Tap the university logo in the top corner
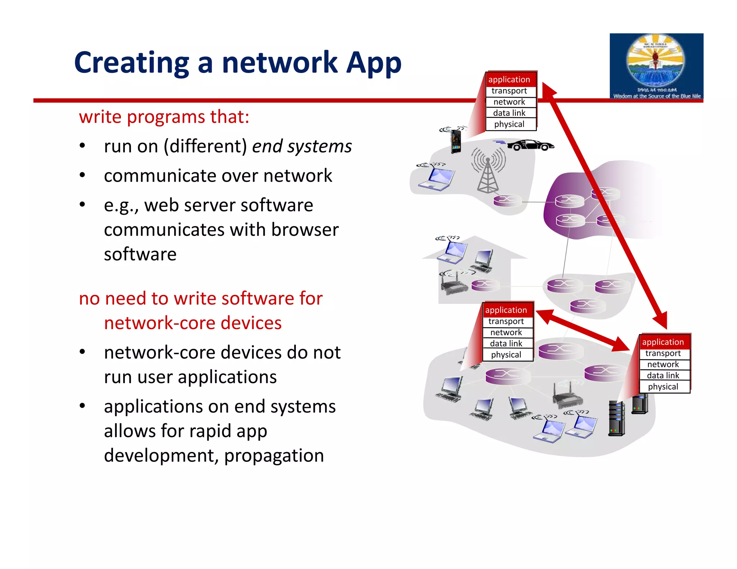tap(656, 66)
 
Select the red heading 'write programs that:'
tap(164, 117)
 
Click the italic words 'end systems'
tap(302, 146)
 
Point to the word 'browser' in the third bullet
tap(305, 229)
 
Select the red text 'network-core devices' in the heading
tap(193, 323)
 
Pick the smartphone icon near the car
tap(456, 141)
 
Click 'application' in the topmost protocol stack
tap(509, 79)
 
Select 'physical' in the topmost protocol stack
tap(509, 124)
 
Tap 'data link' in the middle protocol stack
tap(506, 343)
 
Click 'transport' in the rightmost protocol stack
tap(663, 353)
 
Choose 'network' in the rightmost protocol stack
tap(663, 364)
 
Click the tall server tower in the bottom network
tap(616, 418)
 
